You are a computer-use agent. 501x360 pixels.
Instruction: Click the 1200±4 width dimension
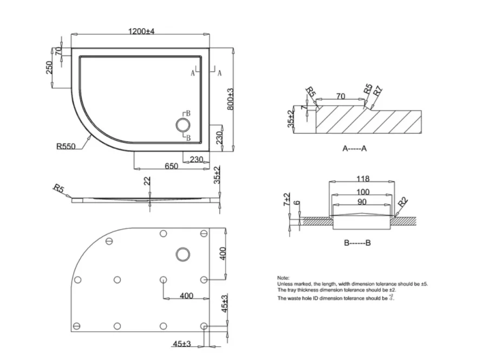click(x=141, y=32)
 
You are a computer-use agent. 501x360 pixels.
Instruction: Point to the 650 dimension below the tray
click(x=172, y=167)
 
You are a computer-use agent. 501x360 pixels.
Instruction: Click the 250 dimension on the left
click(x=49, y=68)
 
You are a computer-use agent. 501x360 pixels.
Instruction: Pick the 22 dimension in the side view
click(x=146, y=181)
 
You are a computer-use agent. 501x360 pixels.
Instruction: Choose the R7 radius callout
click(x=378, y=91)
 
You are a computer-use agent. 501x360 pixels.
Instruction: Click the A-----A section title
click(x=355, y=148)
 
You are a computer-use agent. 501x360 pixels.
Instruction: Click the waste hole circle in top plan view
click(x=183, y=126)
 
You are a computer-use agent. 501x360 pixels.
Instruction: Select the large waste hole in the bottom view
click(x=183, y=253)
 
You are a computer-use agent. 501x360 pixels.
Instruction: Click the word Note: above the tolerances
click(x=283, y=277)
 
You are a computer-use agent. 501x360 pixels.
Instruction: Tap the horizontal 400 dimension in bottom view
click(x=186, y=296)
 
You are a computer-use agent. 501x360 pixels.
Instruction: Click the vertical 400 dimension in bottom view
click(x=222, y=253)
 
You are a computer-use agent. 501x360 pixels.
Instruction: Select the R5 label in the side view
click(x=58, y=188)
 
